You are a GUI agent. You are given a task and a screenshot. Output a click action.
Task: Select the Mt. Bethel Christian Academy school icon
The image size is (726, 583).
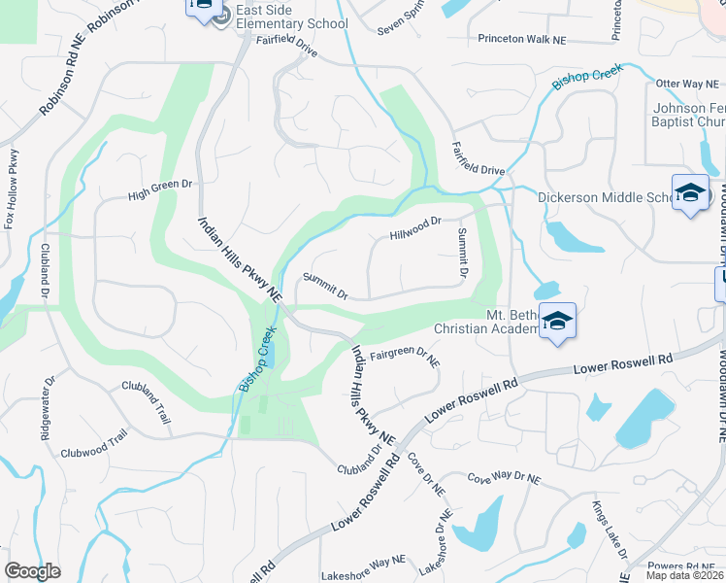point(557,321)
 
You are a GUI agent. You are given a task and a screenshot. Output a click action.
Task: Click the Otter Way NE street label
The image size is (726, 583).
point(687,85)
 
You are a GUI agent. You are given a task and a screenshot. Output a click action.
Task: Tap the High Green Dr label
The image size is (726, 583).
point(161,189)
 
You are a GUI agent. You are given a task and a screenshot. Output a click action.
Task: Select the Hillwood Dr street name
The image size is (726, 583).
point(415,229)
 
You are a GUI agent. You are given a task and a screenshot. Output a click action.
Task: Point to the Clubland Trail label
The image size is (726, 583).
point(147,400)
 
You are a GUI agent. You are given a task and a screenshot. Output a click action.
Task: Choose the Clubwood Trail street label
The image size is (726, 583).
point(94,446)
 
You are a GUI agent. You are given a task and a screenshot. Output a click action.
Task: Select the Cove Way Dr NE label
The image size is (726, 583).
point(503,479)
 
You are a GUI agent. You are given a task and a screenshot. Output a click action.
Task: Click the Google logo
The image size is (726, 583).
point(33,570)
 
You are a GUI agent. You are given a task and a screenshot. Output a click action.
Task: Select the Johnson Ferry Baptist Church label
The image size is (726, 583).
point(688,115)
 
